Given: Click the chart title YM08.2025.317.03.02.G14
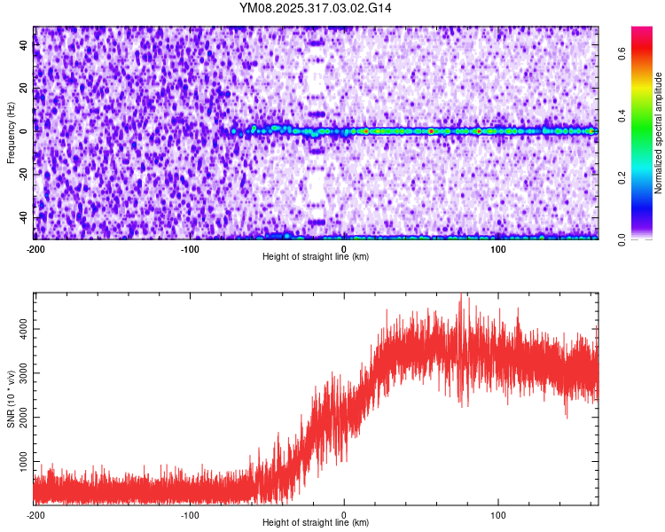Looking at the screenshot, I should [x=316, y=8].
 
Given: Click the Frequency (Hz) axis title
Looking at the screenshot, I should [x=11, y=133].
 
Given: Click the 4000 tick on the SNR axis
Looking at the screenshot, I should [x=18, y=329].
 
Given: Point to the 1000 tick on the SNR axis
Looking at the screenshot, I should [x=18, y=462].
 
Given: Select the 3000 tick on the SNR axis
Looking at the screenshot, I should [x=18, y=373].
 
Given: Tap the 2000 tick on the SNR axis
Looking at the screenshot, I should [x=18, y=418].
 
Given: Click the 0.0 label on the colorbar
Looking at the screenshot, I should [x=622, y=239].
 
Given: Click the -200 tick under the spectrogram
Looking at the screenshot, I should [x=35, y=249].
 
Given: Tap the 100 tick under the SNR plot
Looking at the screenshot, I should [x=498, y=515].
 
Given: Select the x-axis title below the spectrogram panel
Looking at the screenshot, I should [x=316, y=257].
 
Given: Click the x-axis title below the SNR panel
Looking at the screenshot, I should [x=316, y=523].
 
